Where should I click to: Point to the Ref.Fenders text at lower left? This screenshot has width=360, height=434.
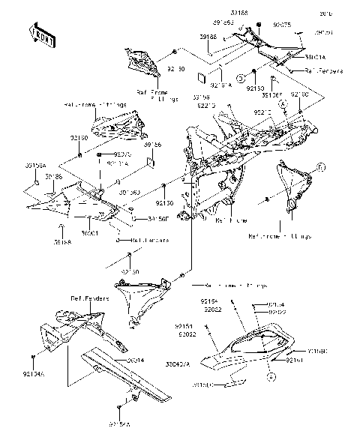91,298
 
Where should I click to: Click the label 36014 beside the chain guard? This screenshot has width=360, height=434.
135,361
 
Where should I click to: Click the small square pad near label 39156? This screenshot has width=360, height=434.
149,159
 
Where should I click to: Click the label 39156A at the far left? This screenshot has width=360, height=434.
35,164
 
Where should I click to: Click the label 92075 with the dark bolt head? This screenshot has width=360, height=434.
111,154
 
